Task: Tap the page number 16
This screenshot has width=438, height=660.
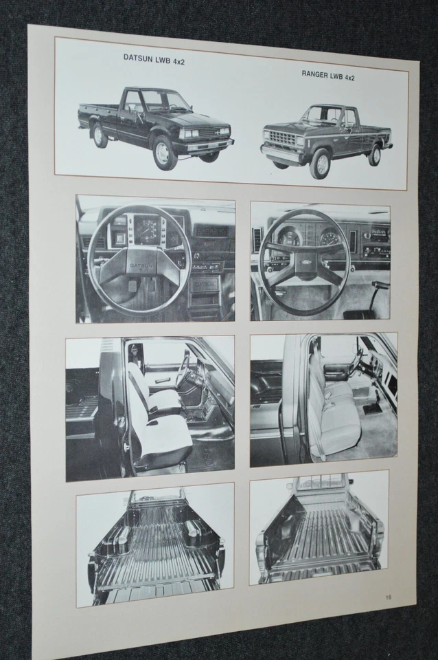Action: (x=389, y=597)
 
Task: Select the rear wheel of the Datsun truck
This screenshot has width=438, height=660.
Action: (x=100, y=135)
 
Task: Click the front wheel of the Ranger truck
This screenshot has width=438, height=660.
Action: (x=319, y=164)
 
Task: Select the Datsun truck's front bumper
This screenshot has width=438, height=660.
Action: (x=203, y=144)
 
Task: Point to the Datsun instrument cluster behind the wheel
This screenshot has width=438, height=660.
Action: (x=148, y=229)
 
